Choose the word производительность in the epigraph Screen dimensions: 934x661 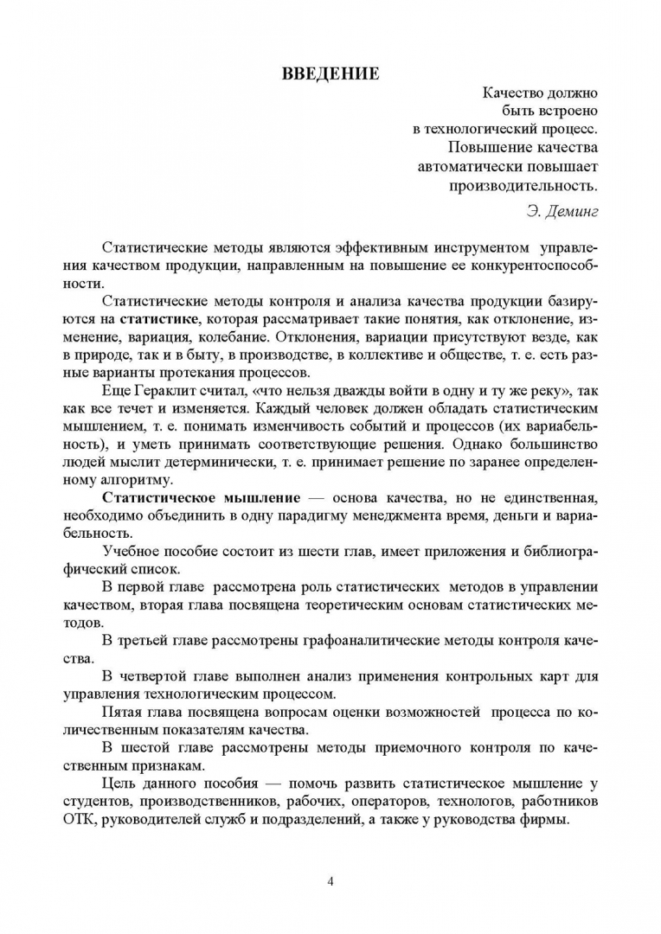[523, 183]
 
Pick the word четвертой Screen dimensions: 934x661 [157, 675]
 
